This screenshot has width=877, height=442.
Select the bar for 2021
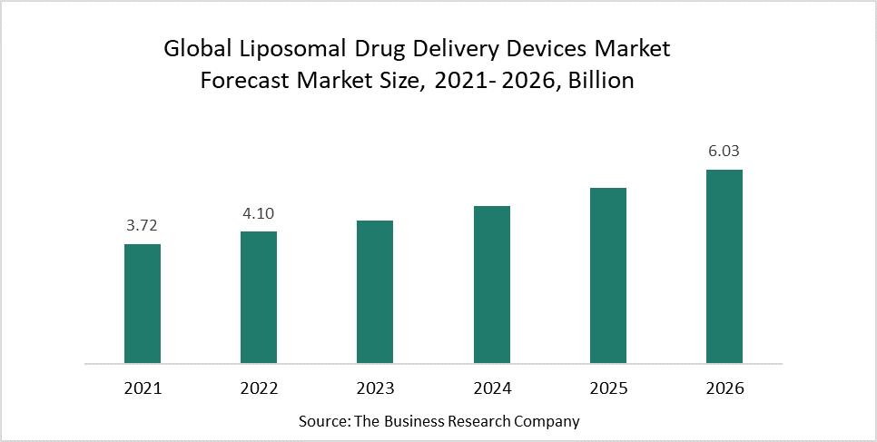[143, 303]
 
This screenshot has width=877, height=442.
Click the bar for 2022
[259, 297]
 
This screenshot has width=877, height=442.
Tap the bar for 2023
[375, 291]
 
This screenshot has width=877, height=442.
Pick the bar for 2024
[491, 284]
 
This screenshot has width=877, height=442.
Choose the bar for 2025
[607, 275]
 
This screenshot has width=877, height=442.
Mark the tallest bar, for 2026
[724, 266]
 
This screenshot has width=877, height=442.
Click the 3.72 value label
[143, 226]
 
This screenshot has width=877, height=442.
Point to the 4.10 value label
[259, 214]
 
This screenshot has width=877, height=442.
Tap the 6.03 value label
[724, 152]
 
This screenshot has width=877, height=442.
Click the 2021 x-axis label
[143, 388]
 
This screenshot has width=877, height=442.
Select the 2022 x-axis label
[259, 388]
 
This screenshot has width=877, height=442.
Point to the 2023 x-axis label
[375, 388]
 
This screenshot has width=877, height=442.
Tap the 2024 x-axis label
[491, 388]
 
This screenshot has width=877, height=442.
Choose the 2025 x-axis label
[607, 388]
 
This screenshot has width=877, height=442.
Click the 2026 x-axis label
[724, 388]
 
